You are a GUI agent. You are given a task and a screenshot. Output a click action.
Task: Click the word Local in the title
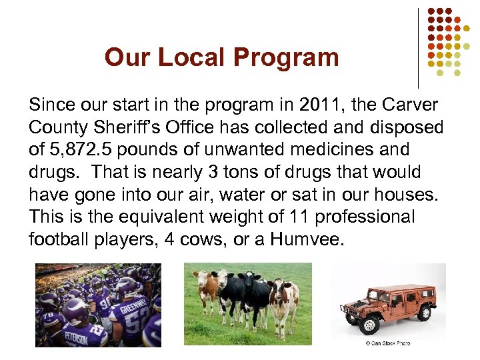[192, 57]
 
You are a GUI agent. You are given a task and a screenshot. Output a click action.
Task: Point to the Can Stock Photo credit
[387, 343]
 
